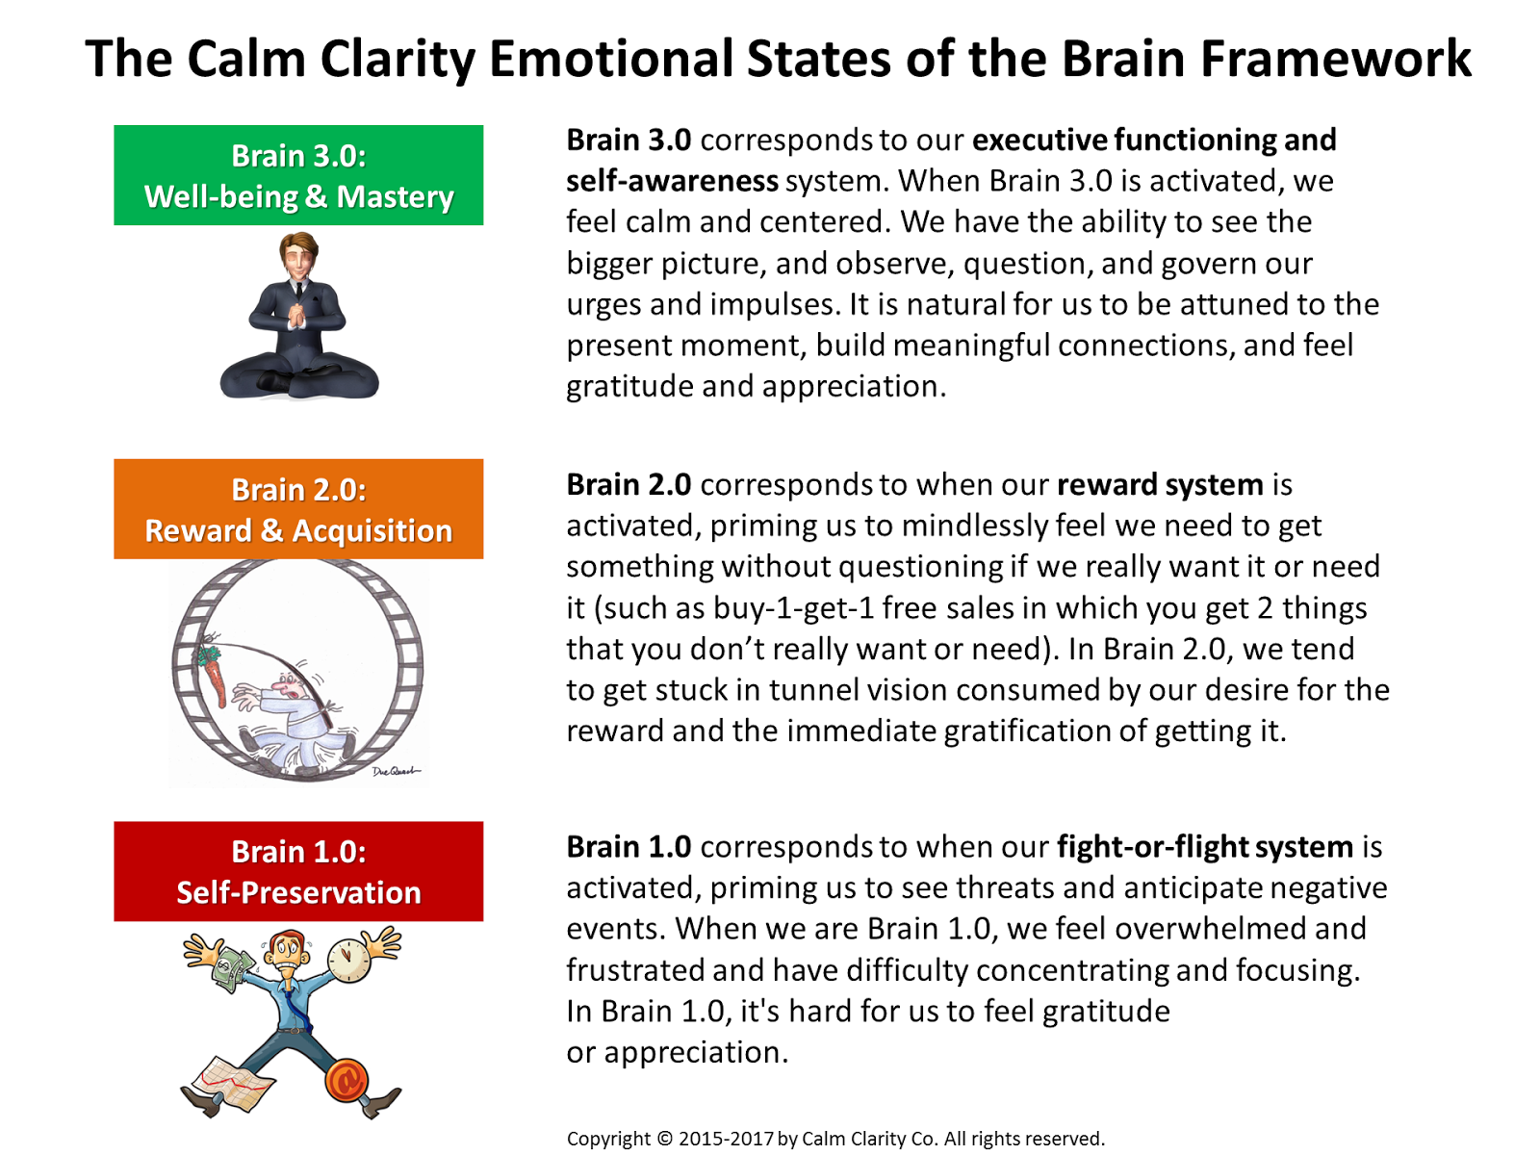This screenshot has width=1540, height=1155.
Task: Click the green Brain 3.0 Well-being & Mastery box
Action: tap(298, 175)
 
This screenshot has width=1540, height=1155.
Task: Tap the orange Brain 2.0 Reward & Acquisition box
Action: tap(298, 509)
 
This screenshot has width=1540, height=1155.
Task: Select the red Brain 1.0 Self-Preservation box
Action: tap(298, 871)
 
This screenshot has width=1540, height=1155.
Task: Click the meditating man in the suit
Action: tap(298, 318)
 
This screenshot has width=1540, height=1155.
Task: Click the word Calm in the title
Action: tap(244, 59)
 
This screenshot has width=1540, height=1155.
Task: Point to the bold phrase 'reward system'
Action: tap(1160, 484)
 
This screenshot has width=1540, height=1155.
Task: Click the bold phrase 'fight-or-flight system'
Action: tap(1205, 847)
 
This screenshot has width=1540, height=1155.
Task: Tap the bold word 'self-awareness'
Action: tap(672, 181)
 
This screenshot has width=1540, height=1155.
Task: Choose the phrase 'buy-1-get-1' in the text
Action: tap(792, 608)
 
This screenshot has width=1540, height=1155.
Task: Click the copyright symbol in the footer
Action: tap(665, 1139)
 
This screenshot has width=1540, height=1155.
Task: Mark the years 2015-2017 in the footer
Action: tap(726, 1139)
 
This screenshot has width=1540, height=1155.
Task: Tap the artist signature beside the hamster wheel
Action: tap(395, 771)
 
